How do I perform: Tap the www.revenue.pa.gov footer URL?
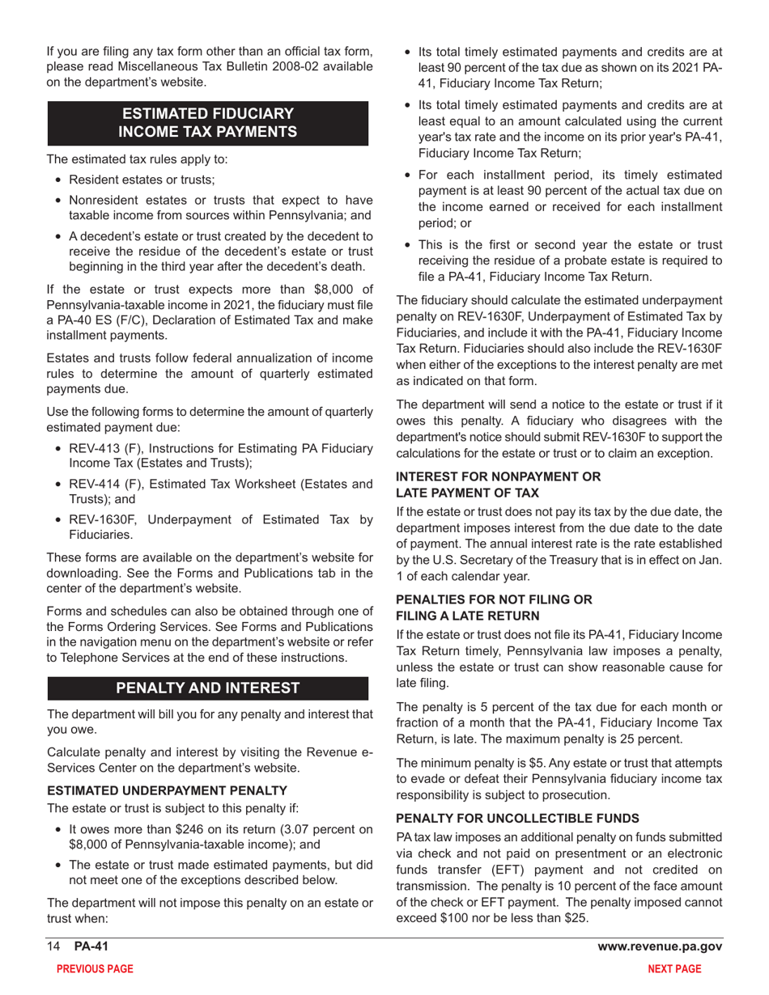coord(660,946)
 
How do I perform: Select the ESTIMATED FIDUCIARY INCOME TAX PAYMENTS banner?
coord(208,122)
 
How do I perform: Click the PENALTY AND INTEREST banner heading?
coord(208,688)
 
